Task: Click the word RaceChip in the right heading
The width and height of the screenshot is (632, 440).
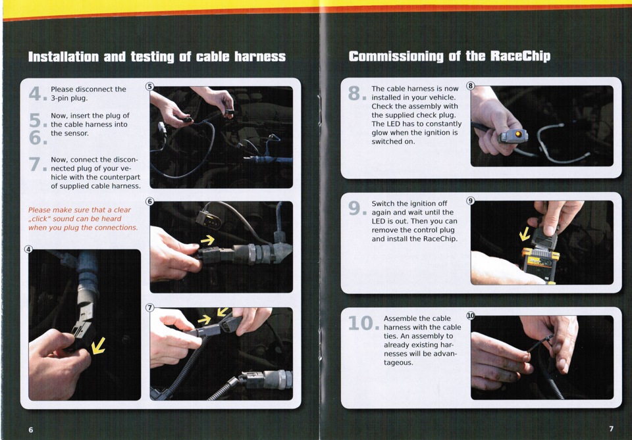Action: click(x=520, y=56)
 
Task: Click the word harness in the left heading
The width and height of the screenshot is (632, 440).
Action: click(x=260, y=57)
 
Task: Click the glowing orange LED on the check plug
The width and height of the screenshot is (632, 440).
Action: click(x=518, y=134)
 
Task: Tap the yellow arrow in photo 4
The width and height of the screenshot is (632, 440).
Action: click(x=98, y=346)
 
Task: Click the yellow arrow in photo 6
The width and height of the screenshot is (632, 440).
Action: click(x=207, y=240)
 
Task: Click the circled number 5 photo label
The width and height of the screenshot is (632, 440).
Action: click(x=149, y=86)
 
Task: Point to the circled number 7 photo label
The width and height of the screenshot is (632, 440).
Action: click(x=149, y=308)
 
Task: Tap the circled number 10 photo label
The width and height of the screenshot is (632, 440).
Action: click(x=470, y=315)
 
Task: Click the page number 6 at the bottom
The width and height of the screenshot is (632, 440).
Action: click(x=31, y=429)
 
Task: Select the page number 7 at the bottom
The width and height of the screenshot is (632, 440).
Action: click(x=611, y=429)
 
